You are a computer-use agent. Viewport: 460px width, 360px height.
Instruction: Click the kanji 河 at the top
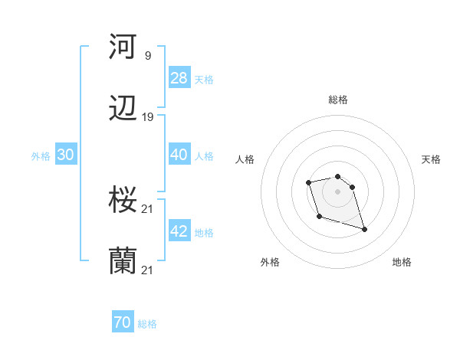[123, 47]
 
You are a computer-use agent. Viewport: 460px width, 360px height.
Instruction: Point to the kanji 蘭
[123, 262]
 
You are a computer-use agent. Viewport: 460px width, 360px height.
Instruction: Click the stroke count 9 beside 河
[147, 55]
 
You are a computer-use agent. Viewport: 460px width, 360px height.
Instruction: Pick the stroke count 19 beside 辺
[148, 116]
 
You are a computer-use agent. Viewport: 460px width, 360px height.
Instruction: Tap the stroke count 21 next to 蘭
[148, 270]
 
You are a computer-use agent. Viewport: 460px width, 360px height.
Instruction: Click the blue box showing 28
[179, 78]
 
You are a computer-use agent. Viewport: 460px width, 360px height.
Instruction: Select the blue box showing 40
[179, 155]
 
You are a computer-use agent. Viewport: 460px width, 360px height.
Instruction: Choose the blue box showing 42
[179, 231]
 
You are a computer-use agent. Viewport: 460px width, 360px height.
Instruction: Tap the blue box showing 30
[66, 155]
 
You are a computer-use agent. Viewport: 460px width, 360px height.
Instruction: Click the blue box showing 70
[123, 323]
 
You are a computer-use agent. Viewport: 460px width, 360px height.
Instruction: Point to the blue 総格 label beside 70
[147, 324]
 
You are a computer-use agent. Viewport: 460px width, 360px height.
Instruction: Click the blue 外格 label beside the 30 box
[41, 155]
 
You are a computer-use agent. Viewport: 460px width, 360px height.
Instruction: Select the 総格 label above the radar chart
[338, 100]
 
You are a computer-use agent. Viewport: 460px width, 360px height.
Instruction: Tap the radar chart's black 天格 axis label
[432, 159]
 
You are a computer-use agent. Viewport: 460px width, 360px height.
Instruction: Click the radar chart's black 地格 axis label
[402, 262]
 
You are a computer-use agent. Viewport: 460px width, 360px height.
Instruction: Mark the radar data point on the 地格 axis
[364, 229]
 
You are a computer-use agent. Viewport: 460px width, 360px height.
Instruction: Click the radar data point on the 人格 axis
[308, 182]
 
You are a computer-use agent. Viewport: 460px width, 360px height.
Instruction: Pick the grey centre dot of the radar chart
[337, 191]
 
